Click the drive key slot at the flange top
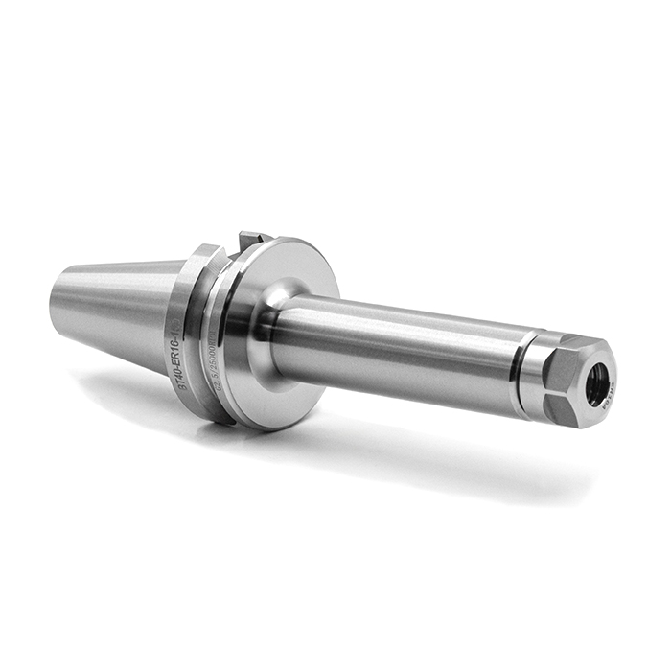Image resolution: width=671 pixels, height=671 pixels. click(251, 239)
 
